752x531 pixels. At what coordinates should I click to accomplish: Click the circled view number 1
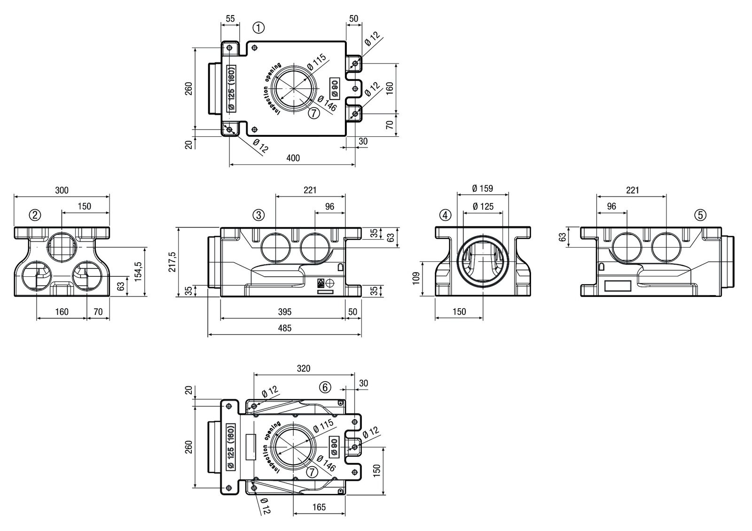point(258,28)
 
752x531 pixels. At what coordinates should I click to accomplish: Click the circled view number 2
point(35,215)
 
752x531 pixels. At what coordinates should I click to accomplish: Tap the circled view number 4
point(445,215)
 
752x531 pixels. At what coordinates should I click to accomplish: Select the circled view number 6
point(325,387)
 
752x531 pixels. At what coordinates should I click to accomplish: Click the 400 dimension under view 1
point(292,158)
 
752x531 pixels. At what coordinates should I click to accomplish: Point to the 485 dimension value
point(284,328)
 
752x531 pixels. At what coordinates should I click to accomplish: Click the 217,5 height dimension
point(172,262)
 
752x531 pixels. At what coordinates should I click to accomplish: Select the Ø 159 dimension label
point(483,188)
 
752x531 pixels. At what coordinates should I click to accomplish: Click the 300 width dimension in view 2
point(62,190)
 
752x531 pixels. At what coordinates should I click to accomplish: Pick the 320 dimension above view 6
point(304,368)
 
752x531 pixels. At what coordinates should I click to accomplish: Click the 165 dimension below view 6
point(319,508)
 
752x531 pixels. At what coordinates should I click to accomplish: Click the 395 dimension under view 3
point(284,312)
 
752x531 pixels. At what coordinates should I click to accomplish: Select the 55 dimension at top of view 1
point(230,19)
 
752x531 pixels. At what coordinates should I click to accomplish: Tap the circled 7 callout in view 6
point(311,472)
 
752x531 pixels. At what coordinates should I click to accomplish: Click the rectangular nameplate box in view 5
point(618,285)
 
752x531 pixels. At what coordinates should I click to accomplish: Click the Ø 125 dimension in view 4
point(483,206)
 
